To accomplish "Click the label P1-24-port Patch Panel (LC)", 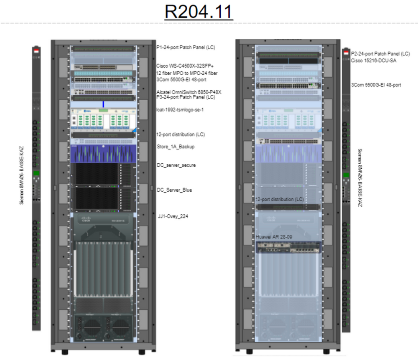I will (x=186, y=48).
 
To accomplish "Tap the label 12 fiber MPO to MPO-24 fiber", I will (x=186, y=74).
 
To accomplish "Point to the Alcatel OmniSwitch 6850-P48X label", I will (x=189, y=92).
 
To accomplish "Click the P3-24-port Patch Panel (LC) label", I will (x=186, y=97).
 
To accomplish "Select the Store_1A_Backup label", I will (x=176, y=147).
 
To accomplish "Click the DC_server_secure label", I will (x=176, y=165).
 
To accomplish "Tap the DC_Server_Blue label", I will (x=174, y=190).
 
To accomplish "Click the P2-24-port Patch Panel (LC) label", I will (x=380, y=54).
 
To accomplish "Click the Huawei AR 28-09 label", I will (x=274, y=237).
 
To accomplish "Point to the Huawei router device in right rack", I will (x=288, y=247).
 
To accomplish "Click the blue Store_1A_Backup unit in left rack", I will (x=103, y=154).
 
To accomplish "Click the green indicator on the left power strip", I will (x=36, y=173).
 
